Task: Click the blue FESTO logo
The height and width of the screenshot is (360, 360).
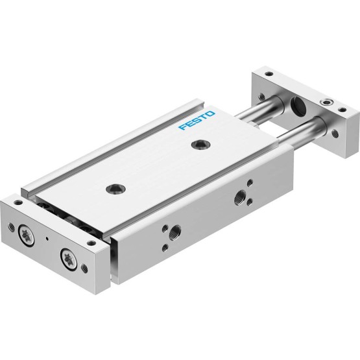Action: point(197,120)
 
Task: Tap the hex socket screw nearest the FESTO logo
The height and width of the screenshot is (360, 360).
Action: point(201,145)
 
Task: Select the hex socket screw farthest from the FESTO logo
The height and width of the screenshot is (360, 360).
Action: point(115,189)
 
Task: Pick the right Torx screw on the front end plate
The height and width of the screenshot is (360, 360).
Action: point(68,259)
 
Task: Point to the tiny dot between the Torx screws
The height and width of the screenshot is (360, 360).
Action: point(47,239)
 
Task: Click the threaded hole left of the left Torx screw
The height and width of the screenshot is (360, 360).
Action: point(10,226)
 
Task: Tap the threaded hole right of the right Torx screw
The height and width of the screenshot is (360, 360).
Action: point(84,268)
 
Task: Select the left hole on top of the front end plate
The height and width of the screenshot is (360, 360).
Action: point(18,202)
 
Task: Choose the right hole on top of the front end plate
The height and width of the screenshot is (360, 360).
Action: point(92,243)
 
